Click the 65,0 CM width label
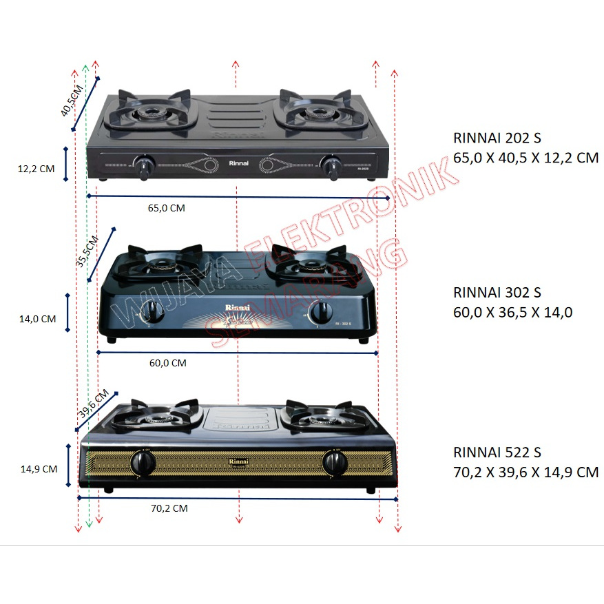167,208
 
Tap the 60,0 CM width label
168,363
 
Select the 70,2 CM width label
169,508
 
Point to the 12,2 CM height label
37,169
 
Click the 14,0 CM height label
38,319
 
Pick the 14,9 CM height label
39,469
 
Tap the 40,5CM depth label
72,101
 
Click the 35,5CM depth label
87,251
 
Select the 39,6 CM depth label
94,404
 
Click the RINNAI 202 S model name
497,138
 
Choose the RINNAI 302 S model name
497,293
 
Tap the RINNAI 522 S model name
497,452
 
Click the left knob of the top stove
144,166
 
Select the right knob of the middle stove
321,312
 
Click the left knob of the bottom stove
143,463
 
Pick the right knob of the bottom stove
335,464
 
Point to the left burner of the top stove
149,113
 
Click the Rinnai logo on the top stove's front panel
238,163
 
